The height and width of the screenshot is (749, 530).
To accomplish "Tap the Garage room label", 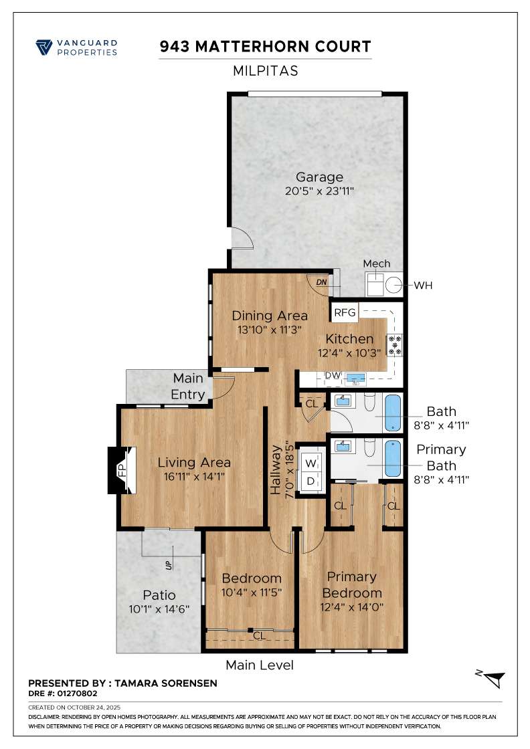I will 319,177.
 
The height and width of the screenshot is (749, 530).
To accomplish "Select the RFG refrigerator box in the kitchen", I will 345,312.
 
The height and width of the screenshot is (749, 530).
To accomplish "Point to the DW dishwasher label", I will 333,376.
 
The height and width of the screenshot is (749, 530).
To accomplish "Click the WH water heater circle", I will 394,286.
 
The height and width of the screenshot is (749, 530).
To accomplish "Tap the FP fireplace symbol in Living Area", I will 122,469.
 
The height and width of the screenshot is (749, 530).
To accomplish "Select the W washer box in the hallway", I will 311,462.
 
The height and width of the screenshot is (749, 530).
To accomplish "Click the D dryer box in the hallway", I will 311,481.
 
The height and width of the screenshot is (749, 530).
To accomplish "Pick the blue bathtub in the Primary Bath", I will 393,459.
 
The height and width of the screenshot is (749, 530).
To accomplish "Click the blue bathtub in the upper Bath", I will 393,414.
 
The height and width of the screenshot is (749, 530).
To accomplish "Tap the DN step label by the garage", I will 321,282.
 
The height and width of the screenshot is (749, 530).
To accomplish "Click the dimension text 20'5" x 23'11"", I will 319,191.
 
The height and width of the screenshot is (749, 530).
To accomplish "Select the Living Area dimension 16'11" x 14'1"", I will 194,476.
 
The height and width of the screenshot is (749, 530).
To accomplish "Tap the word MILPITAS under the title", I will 265,70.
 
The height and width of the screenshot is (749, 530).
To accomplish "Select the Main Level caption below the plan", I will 260,665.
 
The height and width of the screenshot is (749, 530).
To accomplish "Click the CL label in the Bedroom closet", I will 259,637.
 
